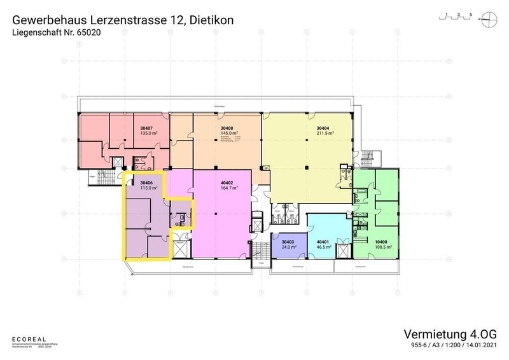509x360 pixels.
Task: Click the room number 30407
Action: tap(148, 127)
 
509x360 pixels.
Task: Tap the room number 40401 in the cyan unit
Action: tap(324, 242)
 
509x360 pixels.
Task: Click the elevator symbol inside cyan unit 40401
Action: tap(343, 250)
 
